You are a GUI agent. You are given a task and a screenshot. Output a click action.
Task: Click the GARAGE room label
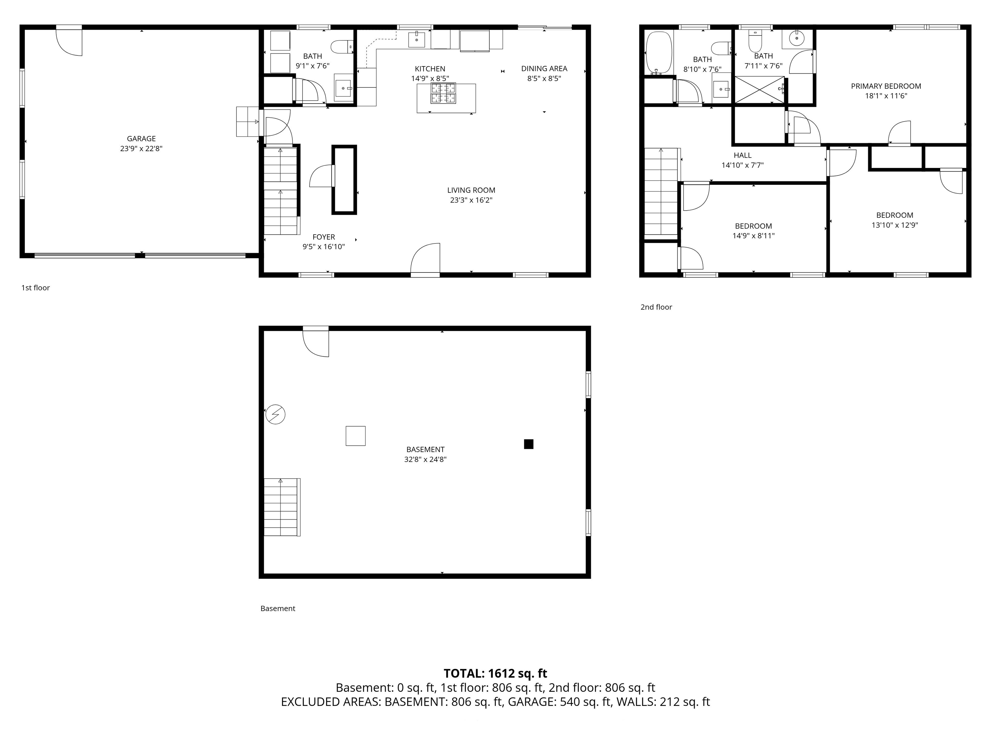tap(141, 139)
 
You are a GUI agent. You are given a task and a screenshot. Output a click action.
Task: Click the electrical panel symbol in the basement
tap(275, 414)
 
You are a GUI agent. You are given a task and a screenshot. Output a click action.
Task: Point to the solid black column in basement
tap(529, 444)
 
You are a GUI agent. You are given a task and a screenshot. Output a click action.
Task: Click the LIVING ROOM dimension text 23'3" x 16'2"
tap(471, 200)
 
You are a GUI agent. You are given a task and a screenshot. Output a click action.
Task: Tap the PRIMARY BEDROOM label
tap(886, 86)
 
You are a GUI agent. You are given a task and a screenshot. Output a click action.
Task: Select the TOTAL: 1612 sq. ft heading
tap(495, 674)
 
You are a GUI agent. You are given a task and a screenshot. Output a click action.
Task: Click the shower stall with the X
tap(759, 90)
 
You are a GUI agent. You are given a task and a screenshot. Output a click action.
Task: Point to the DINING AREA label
tap(544, 68)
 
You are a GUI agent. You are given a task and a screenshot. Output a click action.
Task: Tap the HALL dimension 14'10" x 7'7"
tap(742, 165)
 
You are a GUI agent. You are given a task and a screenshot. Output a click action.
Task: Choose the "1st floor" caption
tap(35, 288)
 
